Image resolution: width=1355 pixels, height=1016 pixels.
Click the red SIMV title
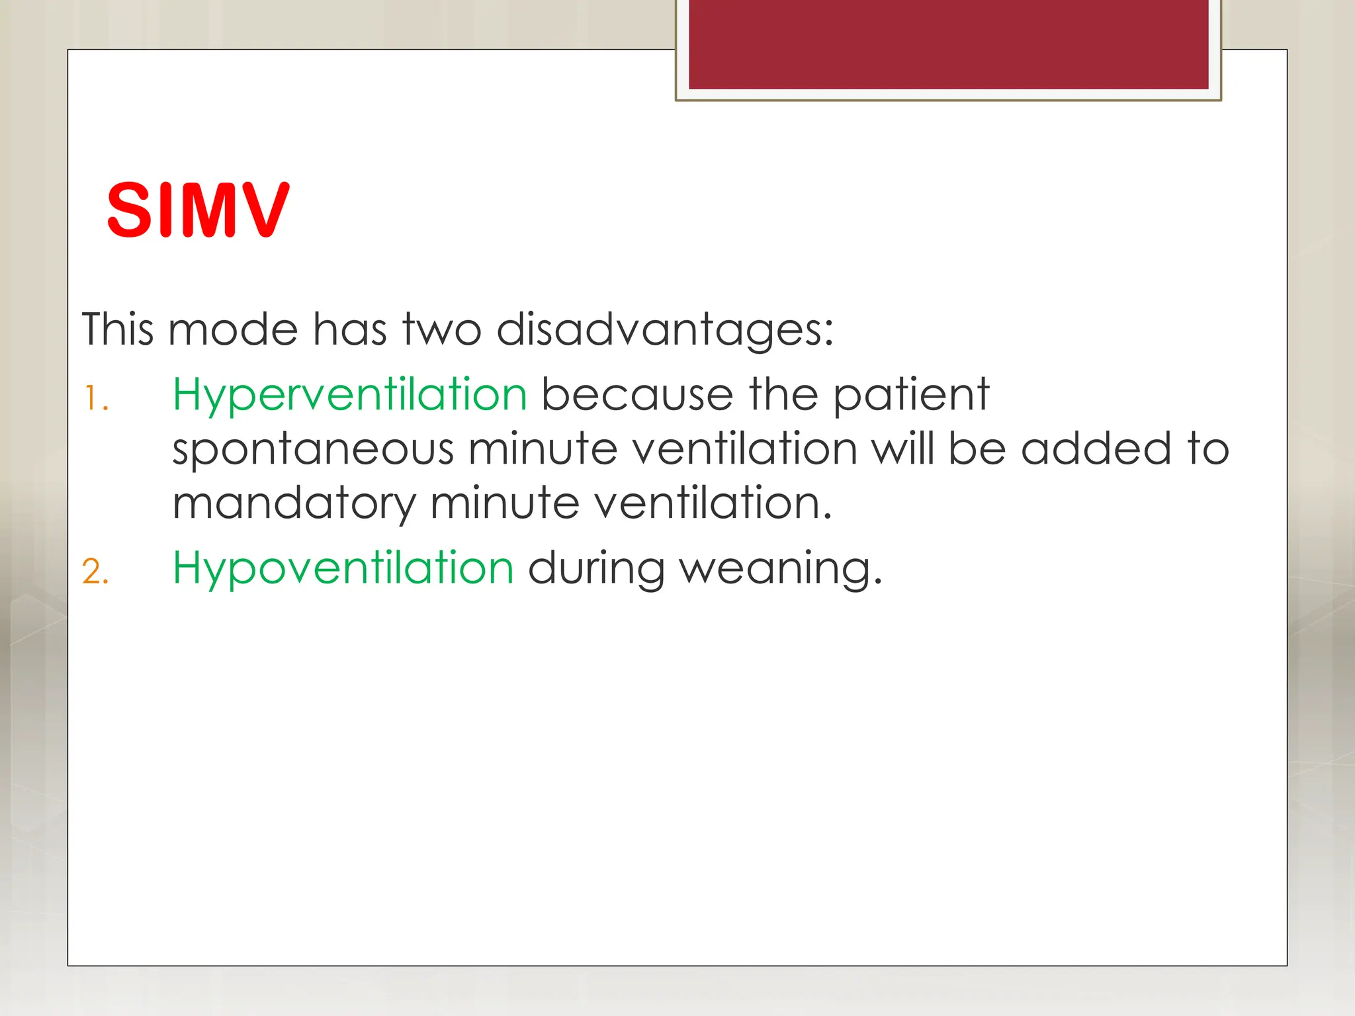point(198,210)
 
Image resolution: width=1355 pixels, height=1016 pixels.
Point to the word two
point(442,329)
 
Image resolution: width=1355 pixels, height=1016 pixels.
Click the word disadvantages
point(664,330)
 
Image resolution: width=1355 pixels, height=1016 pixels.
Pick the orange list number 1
point(95,400)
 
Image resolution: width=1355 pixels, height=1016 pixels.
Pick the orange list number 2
point(95,571)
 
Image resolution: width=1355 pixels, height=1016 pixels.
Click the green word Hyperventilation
point(349,396)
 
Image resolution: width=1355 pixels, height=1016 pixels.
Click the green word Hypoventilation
point(343,569)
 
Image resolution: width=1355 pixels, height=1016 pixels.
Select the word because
point(637,396)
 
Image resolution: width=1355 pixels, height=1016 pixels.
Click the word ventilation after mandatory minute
point(712,503)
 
